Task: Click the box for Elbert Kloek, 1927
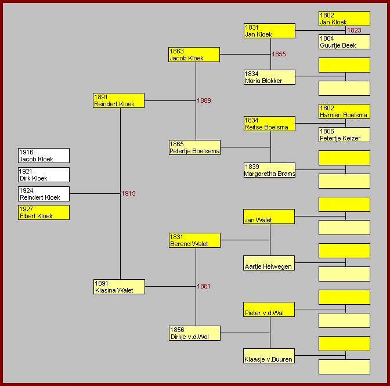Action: coord(44,212)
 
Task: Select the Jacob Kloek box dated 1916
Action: coord(44,156)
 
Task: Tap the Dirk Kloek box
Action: coord(44,175)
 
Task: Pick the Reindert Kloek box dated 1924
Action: coord(44,194)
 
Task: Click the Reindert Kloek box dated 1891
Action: coord(119,100)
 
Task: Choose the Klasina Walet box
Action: coord(119,287)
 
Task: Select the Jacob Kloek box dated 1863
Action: coord(194,55)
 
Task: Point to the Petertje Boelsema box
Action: coord(194,147)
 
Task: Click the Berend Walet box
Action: coord(194,240)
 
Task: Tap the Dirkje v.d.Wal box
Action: coord(194,333)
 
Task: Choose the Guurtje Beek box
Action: coord(344,42)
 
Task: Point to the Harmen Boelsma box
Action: coord(344,111)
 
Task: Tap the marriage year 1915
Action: coord(128,193)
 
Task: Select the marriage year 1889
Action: coord(204,100)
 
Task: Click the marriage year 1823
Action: coord(354,30)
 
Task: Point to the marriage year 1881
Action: coord(204,286)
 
